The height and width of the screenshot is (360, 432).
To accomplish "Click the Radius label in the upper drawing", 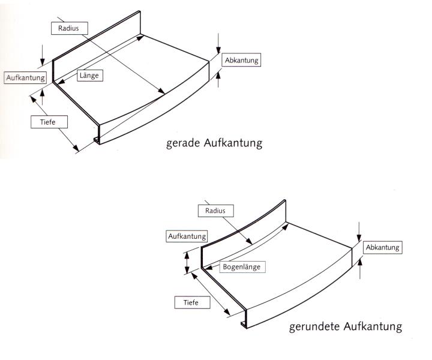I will coord(69,28).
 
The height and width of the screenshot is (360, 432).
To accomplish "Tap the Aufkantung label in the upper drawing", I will coord(25,78).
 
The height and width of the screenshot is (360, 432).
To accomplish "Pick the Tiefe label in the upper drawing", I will coord(49,122).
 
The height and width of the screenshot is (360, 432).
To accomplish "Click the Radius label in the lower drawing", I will coord(215,211).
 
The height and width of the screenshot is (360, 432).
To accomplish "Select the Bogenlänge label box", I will coord(241,266).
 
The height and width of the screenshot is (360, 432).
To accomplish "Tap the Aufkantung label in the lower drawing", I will coord(187,236).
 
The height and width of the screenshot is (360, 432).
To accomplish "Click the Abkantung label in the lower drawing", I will coord(382,247).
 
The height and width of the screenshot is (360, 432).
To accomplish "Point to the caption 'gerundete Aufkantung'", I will coord(345,327).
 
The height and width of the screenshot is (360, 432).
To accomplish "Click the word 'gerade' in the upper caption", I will coord(182,144).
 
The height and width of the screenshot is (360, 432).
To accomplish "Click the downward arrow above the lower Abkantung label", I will coord(359,232).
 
